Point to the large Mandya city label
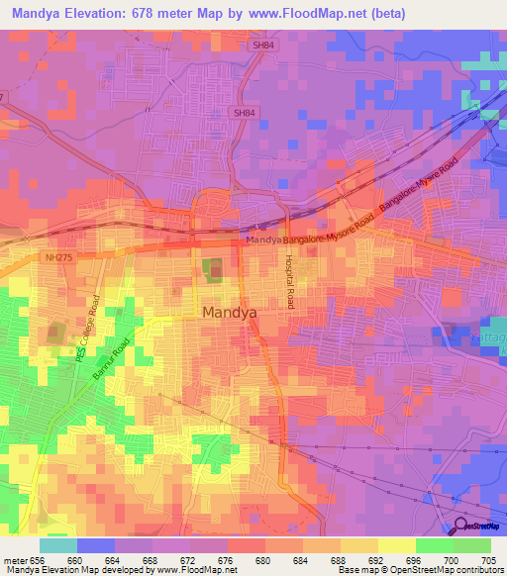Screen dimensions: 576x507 coord(230,312)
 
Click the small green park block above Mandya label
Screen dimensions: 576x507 coord(213,267)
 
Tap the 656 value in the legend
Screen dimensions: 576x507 coord(38,558)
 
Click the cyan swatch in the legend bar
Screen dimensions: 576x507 coord(58,544)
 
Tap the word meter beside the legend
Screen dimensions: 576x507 coord(14,558)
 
